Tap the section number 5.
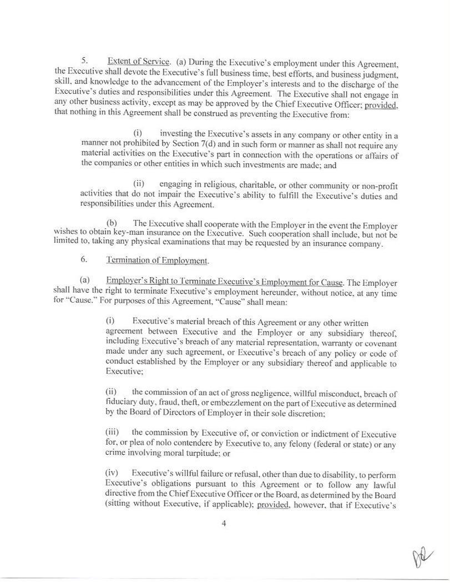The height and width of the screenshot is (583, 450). click(x=85, y=61)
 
